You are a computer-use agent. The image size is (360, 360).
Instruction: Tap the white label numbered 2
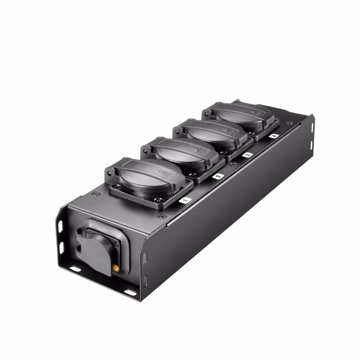(217, 176)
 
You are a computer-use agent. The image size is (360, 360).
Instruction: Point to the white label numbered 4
(274, 135)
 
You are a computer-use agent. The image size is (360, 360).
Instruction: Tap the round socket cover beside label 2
(181, 152)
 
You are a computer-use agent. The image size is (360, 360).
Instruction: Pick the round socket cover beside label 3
(212, 131)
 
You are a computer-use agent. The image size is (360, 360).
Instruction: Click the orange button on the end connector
(117, 268)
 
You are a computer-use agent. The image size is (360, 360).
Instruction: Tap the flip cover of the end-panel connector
(95, 253)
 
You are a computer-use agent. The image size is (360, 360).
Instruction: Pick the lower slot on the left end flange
(61, 248)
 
